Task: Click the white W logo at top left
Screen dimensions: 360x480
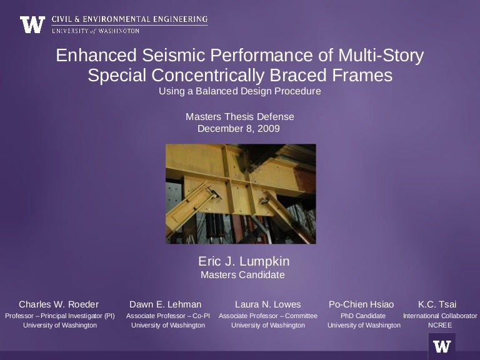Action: click(32, 24)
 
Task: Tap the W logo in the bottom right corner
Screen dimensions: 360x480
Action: click(442, 346)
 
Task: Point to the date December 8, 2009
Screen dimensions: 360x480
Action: click(240, 129)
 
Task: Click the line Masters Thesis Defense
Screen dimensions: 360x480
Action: click(240, 117)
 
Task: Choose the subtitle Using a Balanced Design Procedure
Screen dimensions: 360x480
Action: click(240, 91)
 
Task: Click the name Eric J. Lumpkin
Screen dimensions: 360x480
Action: click(244, 261)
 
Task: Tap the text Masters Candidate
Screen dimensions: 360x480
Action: click(242, 274)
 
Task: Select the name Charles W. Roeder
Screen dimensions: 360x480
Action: click(59, 304)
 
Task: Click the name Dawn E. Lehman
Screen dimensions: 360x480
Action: click(165, 304)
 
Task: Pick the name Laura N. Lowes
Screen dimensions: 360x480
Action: click(267, 304)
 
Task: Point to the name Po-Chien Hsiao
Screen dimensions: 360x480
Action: click(361, 304)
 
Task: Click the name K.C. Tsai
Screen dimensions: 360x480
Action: click(437, 304)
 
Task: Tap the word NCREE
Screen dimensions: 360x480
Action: click(439, 325)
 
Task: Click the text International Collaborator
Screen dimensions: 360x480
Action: click(439, 316)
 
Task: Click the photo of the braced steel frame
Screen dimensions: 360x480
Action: click(241, 193)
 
